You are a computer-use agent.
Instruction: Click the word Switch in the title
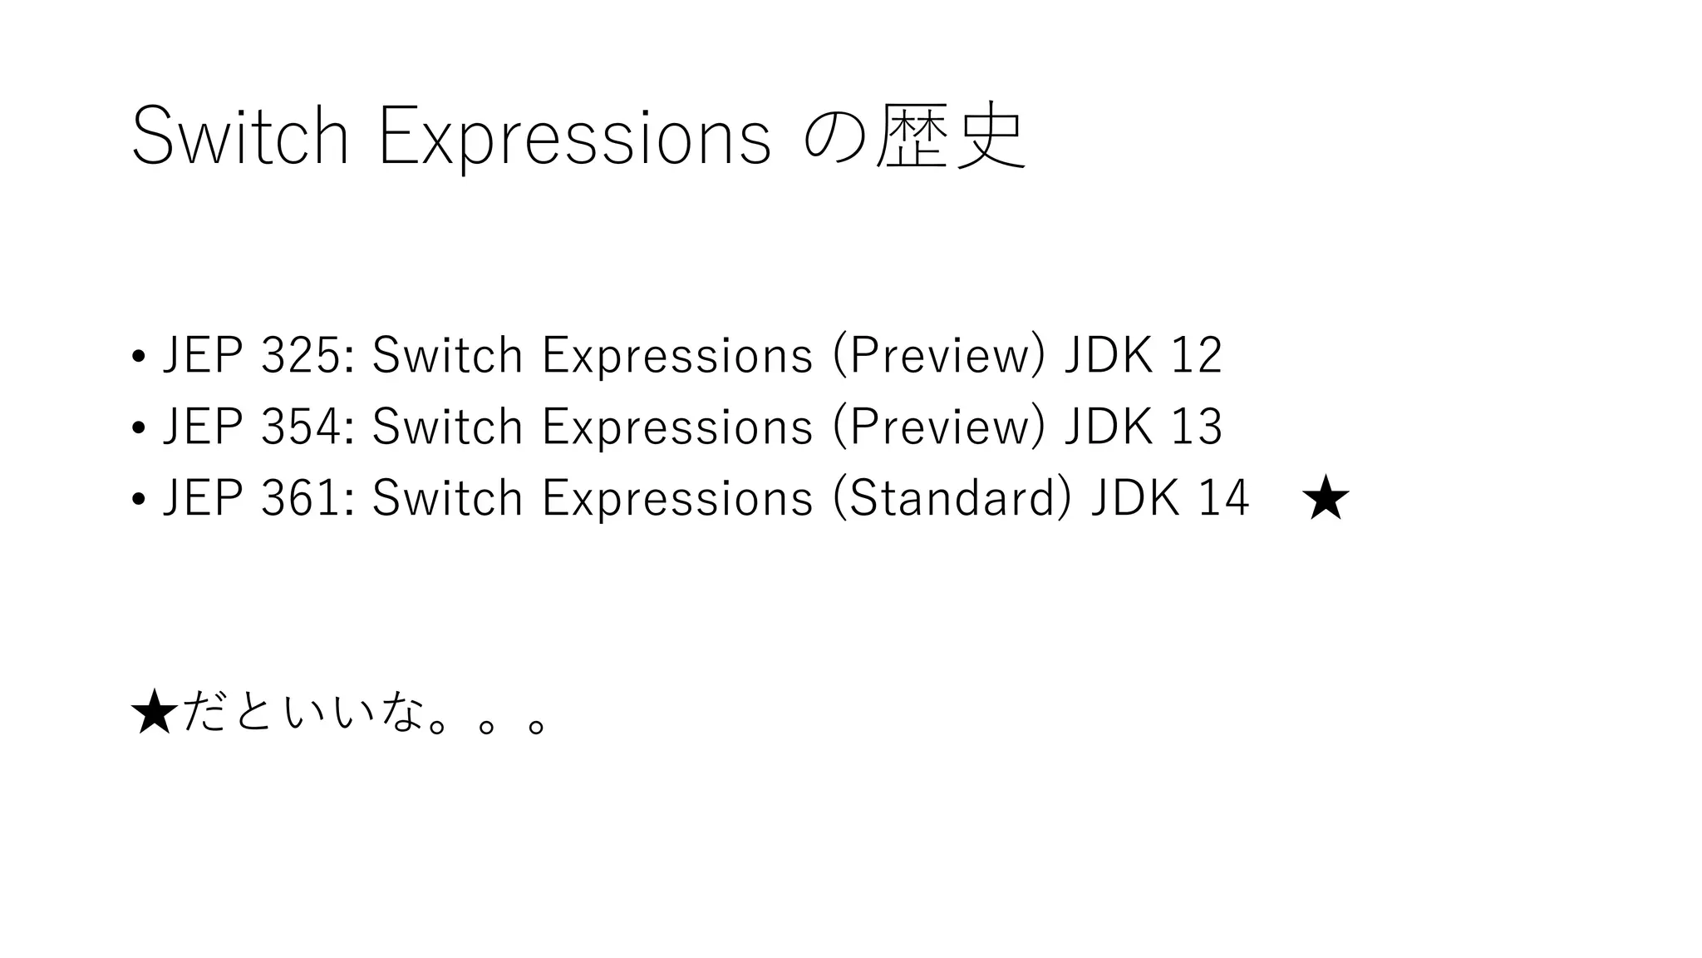pyautogui.click(x=239, y=137)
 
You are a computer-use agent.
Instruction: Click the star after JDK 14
pyautogui.click(x=1326, y=498)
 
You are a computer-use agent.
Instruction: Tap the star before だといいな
pyautogui.click(x=155, y=714)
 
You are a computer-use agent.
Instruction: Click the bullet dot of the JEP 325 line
pyautogui.click(x=139, y=358)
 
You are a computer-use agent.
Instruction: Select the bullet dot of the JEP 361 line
pyautogui.click(x=139, y=501)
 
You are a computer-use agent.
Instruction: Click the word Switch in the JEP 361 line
pyautogui.click(x=447, y=499)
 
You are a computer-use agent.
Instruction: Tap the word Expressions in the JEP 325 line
pyautogui.click(x=677, y=356)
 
